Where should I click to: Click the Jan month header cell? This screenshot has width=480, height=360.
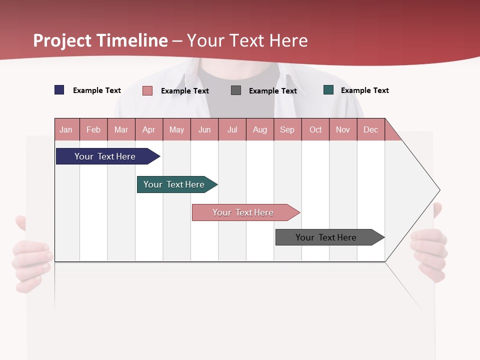pos(66,129)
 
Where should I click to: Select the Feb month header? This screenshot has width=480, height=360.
pos(93,129)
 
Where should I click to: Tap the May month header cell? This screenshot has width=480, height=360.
pos(176,129)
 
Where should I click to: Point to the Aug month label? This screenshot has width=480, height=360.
pos(259,129)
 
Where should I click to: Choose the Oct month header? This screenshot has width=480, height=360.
pos(315,129)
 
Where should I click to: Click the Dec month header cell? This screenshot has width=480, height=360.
pos(370,129)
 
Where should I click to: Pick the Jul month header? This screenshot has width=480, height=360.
pos(232,129)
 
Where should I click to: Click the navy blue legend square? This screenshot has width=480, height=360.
pos(59,90)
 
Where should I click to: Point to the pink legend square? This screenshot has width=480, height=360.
pos(147,90)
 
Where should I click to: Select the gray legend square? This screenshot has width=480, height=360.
pos(236,90)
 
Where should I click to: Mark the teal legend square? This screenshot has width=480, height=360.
pos(328,90)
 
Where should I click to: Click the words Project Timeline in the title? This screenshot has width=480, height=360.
pos(100,40)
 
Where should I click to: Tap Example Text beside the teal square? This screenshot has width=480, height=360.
pos(364,90)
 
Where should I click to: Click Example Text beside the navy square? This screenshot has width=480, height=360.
pos(97,90)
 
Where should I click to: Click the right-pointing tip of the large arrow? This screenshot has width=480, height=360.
pos(438,190)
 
